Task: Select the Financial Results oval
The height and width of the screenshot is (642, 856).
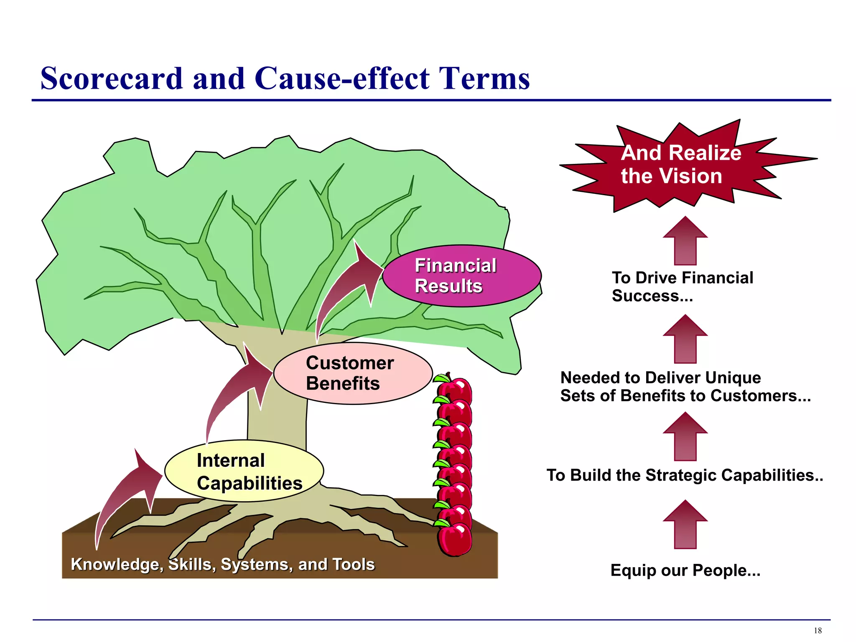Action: pyautogui.click(x=461, y=276)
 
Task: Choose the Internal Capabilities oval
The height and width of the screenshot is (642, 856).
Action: pyautogui.click(x=244, y=471)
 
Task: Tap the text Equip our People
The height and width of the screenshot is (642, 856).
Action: pyautogui.click(x=685, y=571)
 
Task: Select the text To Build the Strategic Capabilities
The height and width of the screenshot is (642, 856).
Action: pyautogui.click(x=685, y=475)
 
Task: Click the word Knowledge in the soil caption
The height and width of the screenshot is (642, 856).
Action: pyautogui.click(x=116, y=565)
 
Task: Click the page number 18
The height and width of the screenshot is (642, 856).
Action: pyautogui.click(x=818, y=631)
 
